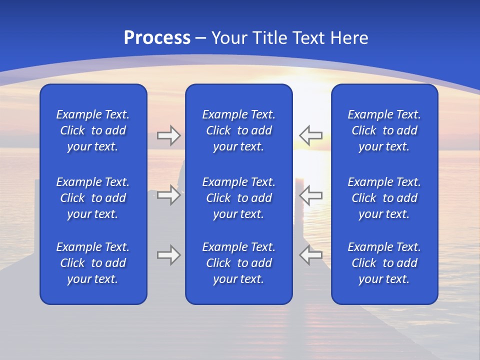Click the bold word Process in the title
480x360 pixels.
[157, 38]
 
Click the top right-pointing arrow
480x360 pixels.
[168, 135]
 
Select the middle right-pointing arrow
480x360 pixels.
[168, 195]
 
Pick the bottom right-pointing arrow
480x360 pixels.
[168, 255]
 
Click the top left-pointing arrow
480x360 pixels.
[310, 135]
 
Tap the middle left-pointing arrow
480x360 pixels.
[310, 195]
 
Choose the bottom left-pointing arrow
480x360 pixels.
[310, 255]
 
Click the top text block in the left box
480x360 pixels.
[93, 130]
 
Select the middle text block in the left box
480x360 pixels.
[93, 198]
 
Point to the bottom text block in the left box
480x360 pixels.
[93, 263]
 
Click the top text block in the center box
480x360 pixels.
[239, 130]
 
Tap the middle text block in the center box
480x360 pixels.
[239, 198]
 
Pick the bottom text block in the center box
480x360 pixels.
[239, 263]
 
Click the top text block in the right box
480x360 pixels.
[384, 130]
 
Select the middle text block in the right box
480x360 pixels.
[384, 198]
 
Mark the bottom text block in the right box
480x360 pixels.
[384, 263]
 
